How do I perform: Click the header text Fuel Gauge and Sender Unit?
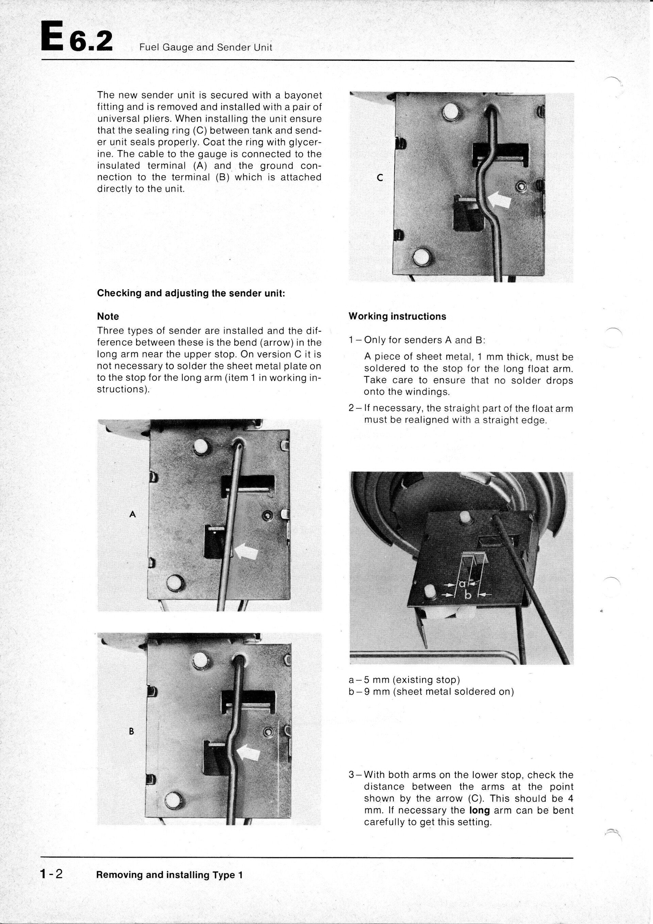click(205, 48)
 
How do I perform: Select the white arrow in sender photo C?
click(500, 200)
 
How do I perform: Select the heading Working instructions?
click(397, 316)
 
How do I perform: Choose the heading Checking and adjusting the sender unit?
click(191, 293)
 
